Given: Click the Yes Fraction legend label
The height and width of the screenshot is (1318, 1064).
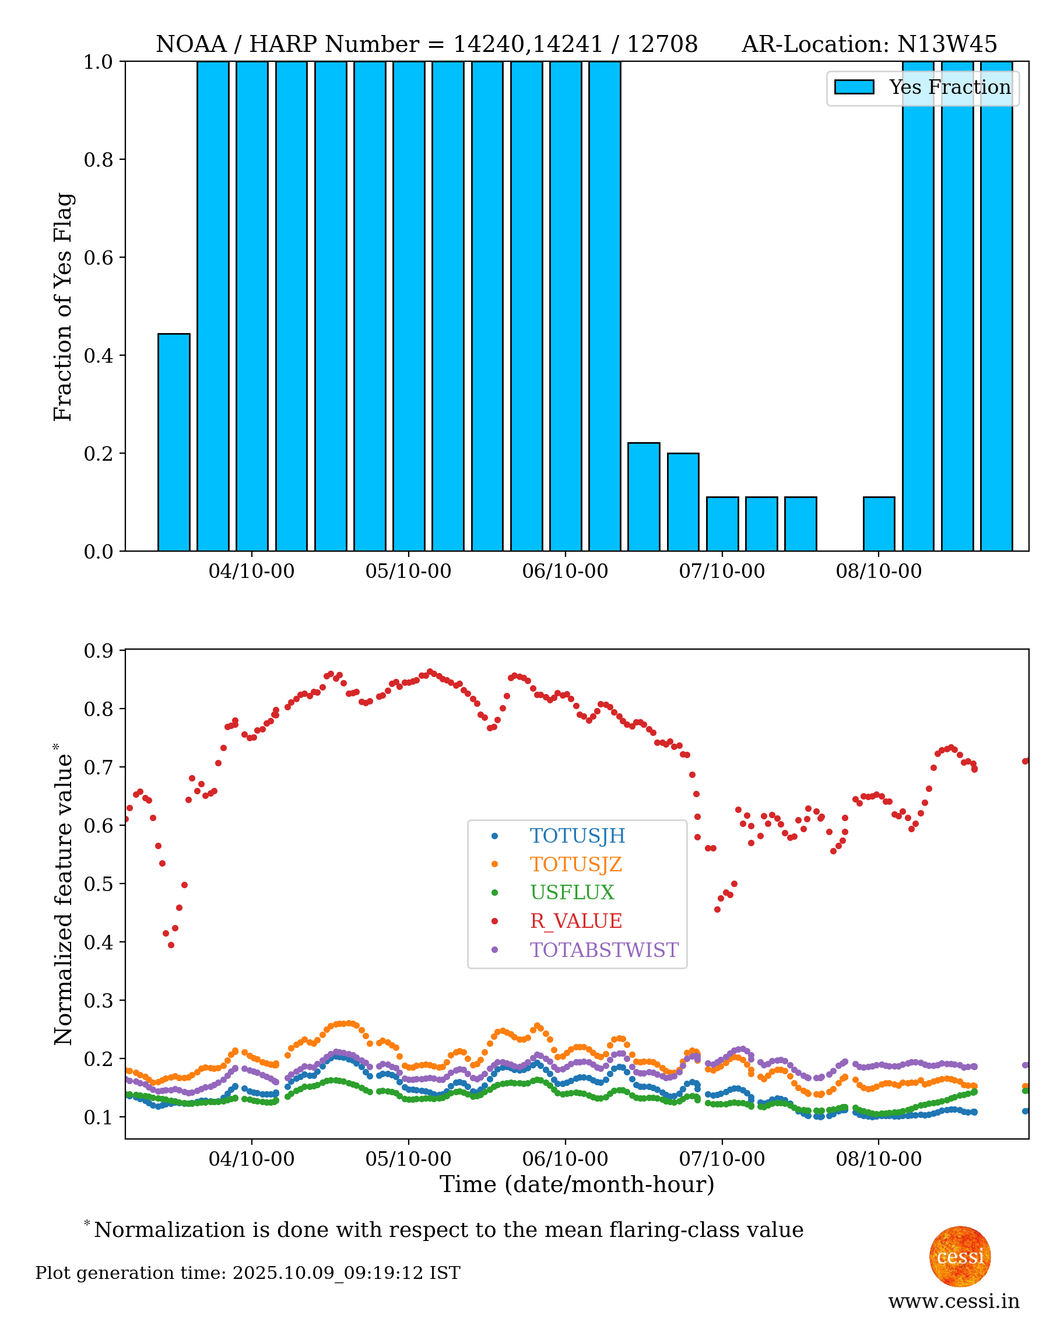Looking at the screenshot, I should coord(949,87).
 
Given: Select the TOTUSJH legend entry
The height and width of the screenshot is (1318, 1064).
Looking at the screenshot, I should coord(577,836).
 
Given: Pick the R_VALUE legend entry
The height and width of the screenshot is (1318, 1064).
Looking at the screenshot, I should coord(575,921).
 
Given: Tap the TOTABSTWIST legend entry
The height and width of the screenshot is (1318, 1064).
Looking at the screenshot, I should coord(603,949).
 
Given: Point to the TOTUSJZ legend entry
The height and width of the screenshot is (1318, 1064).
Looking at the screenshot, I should coord(575,864).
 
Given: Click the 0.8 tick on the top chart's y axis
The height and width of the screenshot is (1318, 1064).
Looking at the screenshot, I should coord(98,159).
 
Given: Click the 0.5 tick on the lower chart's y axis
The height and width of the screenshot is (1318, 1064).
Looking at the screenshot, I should coord(98,884).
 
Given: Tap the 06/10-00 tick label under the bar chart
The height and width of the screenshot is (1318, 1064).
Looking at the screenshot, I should coord(564,572).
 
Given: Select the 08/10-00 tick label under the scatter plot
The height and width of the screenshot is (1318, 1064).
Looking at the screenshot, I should coord(878,1159).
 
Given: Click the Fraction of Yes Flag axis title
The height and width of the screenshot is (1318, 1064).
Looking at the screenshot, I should coord(63,307).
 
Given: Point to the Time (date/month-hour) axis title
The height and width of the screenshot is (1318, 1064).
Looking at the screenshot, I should coord(577,1184).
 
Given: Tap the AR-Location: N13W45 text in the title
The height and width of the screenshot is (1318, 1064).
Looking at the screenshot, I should coord(869,44).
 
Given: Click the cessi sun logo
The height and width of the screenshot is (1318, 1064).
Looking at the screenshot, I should coord(959,1257).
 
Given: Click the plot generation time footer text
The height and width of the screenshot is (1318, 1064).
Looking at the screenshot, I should coord(248,1273).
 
